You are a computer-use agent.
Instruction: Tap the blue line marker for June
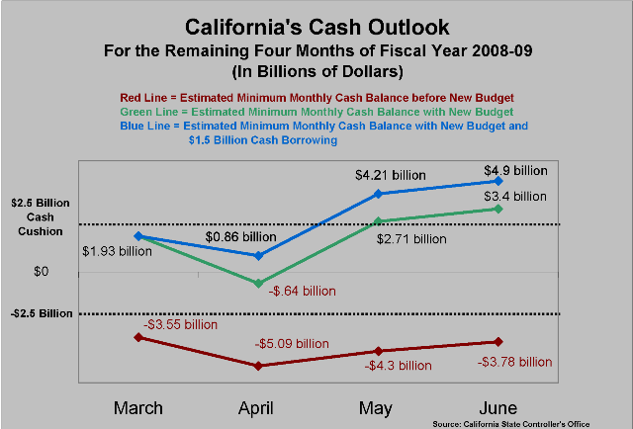point(497,181)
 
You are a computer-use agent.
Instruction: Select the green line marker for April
point(259,284)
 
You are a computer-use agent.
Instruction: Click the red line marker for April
point(259,366)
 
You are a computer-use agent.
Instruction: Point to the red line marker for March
point(138,337)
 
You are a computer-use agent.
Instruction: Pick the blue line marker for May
point(378,194)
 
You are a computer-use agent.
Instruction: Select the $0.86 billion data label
point(242,238)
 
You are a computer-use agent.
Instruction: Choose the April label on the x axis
point(259,407)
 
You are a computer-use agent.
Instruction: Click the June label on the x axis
point(497,407)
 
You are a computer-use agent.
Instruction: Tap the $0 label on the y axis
point(42,271)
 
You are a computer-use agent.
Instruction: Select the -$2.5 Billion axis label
point(43,313)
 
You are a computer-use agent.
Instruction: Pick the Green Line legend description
point(316,112)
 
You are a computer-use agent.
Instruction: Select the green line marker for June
point(497,209)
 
